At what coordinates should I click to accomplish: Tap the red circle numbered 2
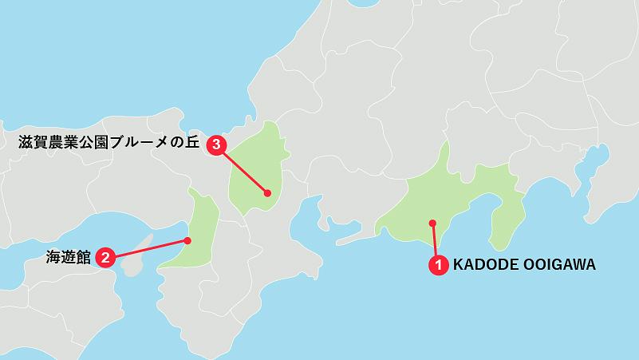[105, 257]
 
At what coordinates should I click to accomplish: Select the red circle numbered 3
[216, 144]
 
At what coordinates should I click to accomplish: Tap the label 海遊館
[67, 257]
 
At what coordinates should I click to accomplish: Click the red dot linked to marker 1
[432, 223]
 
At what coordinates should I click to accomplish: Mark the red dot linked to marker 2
[187, 240]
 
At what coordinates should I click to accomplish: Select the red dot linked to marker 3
[267, 193]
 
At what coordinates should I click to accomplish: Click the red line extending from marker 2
[148, 248]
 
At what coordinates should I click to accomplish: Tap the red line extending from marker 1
[435, 242]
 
